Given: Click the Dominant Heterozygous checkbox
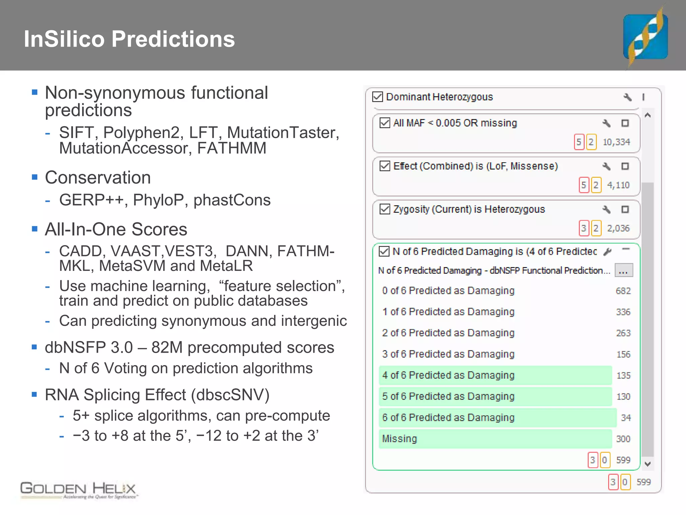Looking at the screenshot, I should (378, 97).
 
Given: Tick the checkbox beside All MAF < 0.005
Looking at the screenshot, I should (385, 123).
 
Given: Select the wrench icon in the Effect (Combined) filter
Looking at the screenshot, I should (606, 166).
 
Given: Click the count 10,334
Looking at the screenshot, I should (616, 142).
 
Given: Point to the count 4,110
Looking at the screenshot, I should (618, 185).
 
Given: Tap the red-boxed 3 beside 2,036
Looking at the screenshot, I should (584, 228).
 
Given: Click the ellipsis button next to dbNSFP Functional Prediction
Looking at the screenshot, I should (623, 271).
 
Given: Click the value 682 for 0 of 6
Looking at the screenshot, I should (623, 291).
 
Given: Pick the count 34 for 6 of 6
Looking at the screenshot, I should (626, 418).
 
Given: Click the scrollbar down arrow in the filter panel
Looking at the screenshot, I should (647, 464).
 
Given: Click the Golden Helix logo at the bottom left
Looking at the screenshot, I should (78, 490).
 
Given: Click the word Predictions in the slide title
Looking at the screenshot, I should (173, 39).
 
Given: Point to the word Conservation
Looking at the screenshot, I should (98, 177).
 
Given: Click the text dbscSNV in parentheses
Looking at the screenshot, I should (230, 395).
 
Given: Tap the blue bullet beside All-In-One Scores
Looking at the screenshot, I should (35, 229).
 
